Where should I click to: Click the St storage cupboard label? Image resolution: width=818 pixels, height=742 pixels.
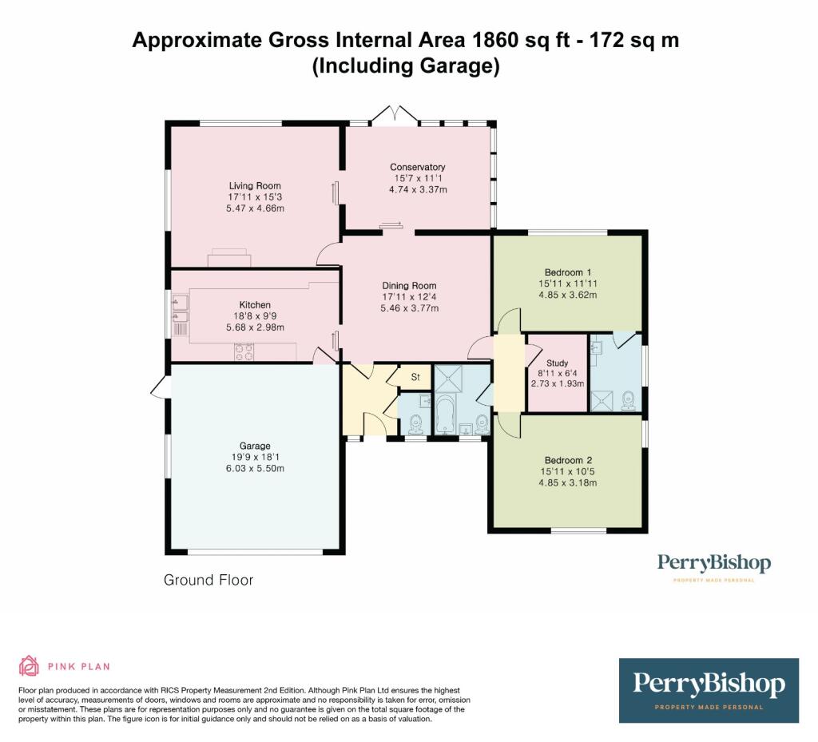pyautogui.click(x=415, y=376)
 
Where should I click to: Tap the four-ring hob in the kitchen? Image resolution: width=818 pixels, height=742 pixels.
pyautogui.click(x=244, y=351)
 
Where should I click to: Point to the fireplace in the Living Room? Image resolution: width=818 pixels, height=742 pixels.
pyautogui.click(x=229, y=259)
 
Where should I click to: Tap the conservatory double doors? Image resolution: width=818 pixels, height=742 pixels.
pyautogui.click(x=394, y=117)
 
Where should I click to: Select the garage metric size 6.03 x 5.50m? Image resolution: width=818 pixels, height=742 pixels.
pyautogui.click(x=255, y=468)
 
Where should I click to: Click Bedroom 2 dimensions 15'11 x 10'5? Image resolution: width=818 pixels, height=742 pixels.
pyautogui.click(x=568, y=471)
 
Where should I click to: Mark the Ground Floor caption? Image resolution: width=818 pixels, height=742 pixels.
pyautogui.click(x=208, y=580)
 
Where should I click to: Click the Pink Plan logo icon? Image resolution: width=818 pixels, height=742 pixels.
pyautogui.click(x=29, y=665)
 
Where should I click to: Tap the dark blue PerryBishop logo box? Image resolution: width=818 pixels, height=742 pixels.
pyautogui.click(x=709, y=690)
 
